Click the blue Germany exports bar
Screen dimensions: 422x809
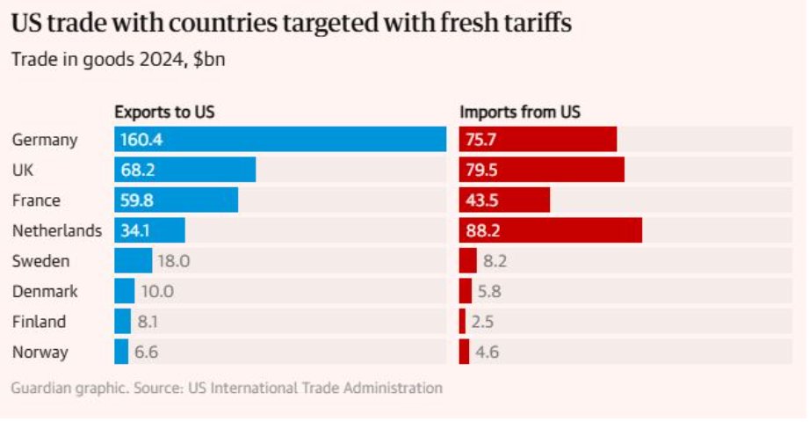coord(279,140)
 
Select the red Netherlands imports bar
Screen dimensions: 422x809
coord(550,230)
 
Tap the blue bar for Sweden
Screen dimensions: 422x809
coord(133,261)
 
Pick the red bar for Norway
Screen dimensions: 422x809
coord(464,353)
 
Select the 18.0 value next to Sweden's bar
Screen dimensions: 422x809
coord(173,261)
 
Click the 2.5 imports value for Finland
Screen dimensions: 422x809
coord(482,322)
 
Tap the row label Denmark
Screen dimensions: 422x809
coord(45,291)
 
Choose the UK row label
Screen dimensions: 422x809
coord(23,170)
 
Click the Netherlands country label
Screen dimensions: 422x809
coord(57,230)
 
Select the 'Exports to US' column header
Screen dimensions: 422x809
coord(164,112)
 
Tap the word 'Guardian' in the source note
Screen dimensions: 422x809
coord(41,387)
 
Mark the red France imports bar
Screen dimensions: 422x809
coord(504,200)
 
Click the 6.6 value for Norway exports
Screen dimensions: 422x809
coord(146,353)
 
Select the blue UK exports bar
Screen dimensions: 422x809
coord(184,170)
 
